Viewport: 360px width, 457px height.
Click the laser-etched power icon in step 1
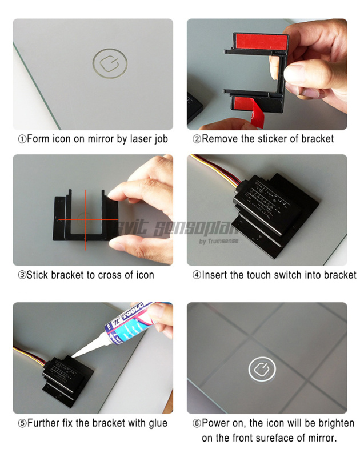click(109, 63)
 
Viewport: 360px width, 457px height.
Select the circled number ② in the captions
click(197, 139)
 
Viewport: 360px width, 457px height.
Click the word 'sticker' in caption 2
click(266, 139)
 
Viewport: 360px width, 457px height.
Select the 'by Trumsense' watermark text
click(219, 241)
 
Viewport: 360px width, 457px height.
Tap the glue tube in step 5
click(135, 328)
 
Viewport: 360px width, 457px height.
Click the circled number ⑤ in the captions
click(22, 423)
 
